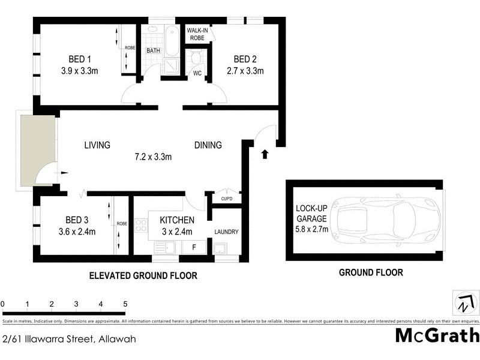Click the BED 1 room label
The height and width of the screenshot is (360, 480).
pos(79,59)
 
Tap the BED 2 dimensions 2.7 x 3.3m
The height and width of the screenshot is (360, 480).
pos(245,71)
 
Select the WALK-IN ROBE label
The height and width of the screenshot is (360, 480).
pos(197,34)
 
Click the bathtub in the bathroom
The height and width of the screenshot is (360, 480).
pos(172,41)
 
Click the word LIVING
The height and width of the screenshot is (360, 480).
pos(97,145)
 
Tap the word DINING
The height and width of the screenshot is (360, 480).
pos(208,145)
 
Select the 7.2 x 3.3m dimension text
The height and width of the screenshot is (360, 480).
pos(153,158)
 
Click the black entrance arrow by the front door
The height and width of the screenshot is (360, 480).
pos(265,155)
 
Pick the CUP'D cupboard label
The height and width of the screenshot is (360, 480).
pos(227,199)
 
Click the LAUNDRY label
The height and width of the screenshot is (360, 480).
pos(227,232)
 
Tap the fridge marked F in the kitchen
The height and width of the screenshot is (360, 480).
pos(193,246)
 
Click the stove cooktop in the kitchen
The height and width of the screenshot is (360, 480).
pos(141,226)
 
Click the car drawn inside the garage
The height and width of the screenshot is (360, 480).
pos(388,220)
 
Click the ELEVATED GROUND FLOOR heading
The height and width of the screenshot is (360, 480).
pos(143,276)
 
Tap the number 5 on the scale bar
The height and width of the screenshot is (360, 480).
pos(125,304)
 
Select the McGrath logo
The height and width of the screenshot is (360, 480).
pos(437,335)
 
